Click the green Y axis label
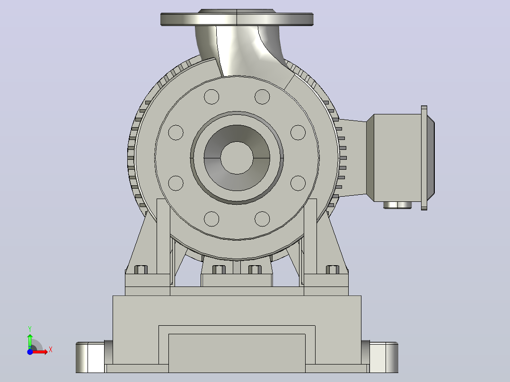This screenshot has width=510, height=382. point(30,329)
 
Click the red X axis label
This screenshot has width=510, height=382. point(51,350)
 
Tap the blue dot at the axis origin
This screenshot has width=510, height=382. point(30,352)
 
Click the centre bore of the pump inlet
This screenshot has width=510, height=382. point(237,158)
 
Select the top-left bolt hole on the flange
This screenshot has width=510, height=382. point(211,96)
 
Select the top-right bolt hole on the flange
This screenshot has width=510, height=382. point(262,96)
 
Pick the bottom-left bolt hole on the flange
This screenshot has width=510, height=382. point(211,219)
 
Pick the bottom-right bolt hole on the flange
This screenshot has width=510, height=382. point(262,219)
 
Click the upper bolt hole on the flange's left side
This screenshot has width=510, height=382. point(176,133)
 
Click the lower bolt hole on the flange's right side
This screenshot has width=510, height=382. point(298,183)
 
